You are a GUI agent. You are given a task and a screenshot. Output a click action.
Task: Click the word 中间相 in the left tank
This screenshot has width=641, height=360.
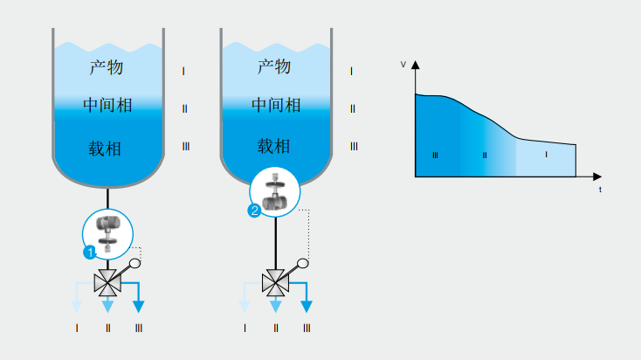107,106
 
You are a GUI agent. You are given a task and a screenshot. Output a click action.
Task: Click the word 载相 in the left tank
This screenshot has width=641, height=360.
105,148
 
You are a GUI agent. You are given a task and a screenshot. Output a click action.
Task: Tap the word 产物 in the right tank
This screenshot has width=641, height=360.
275,66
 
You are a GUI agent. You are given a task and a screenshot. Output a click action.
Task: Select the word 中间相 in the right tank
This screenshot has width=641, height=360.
276,106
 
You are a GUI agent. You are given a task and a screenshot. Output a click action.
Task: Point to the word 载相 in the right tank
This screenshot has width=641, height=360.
274,146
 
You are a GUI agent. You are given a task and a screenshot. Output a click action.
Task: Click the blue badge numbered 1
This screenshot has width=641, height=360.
89,253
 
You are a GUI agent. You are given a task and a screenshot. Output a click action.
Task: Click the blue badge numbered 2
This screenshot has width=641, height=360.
255,211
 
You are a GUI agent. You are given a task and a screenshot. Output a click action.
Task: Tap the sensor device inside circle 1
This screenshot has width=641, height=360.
108,232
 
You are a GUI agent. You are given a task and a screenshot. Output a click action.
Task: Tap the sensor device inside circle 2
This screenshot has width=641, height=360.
276,194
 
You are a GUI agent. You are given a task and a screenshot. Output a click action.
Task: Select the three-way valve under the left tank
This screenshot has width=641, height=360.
107,282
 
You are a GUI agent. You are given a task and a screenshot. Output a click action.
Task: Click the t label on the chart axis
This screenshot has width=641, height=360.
600,188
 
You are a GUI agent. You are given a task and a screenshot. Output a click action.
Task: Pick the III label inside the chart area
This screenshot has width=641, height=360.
435,155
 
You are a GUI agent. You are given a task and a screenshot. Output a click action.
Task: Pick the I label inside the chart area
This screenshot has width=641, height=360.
546,155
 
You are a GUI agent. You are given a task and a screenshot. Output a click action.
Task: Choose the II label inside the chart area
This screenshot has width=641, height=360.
485,155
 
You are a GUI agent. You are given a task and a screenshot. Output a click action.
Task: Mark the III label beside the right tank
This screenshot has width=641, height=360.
354,146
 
